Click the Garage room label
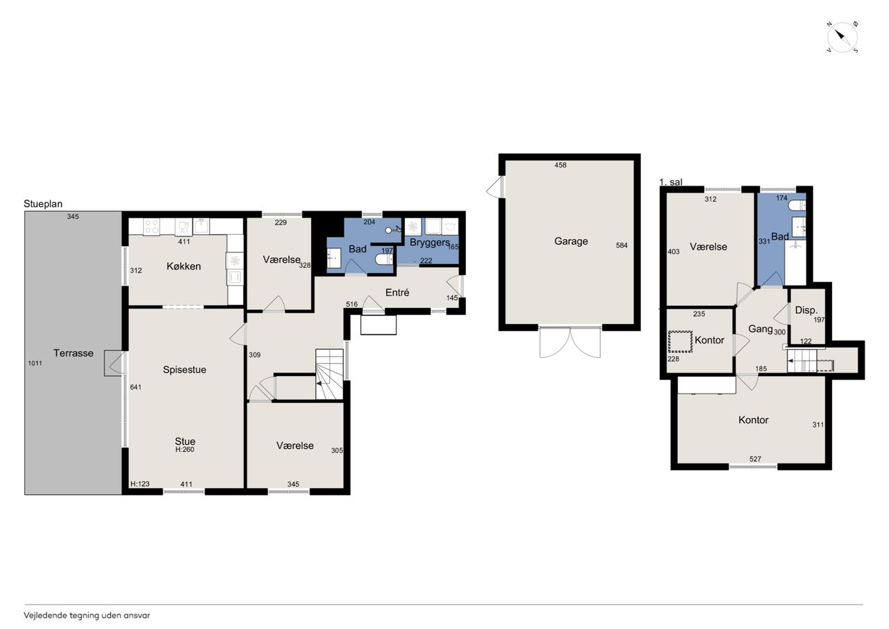tap(571, 241)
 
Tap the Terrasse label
tap(74, 352)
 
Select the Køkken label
tap(183, 266)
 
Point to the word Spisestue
tap(185, 370)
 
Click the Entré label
tap(397, 293)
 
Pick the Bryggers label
tap(430, 243)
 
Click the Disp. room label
tap(806, 310)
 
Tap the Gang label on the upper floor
tap(761, 329)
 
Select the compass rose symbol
tap(842, 38)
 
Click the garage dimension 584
tap(622, 245)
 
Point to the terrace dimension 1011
tap(35, 363)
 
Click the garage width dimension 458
tap(560, 165)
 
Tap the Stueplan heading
tap(43, 204)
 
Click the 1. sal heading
tap(671, 182)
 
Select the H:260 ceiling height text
tap(185, 450)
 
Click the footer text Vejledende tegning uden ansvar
tap(87, 616)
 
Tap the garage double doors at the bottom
tap(570, 342)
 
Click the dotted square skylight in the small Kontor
tap(680, 341)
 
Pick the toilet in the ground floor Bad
tap(384, 259)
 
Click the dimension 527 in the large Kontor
tap(755, 459)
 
